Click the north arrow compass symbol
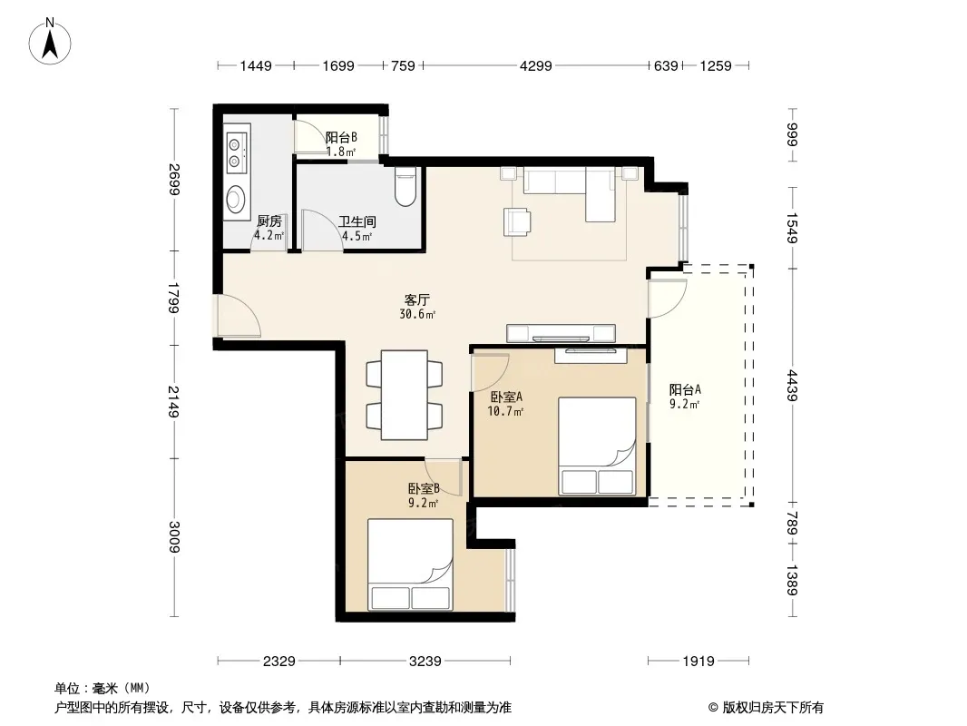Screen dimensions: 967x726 tap(50, 42)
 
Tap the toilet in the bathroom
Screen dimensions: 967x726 tap(405, 187)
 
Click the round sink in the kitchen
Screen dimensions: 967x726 tap(235, 199)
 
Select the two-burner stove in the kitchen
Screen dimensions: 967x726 tap(236, 153)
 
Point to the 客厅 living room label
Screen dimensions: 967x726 tap(417, 299)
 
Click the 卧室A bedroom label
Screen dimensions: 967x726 tap(506, 397)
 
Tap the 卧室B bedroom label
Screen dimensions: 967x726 tap(424, 488)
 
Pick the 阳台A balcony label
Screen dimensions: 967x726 tap(685, 389)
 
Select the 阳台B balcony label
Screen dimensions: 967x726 tap(341, 137)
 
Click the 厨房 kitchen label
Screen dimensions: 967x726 tap(269, 221)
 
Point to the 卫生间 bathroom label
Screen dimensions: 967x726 tap(357, 221)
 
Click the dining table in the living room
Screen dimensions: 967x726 tap(405, 395)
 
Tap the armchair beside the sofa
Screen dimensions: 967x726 tap(517, 221)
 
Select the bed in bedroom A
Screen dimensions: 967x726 tap(597, 446)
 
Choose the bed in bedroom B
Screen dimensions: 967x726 tap(410, 564)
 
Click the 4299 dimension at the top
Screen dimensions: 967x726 tap(535, 65)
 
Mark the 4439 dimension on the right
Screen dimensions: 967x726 tap(793, 386)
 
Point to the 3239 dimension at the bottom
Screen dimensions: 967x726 tap(425, 662)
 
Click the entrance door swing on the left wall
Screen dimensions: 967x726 tap(238, 316)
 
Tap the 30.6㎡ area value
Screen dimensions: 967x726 tap(417, 315)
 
